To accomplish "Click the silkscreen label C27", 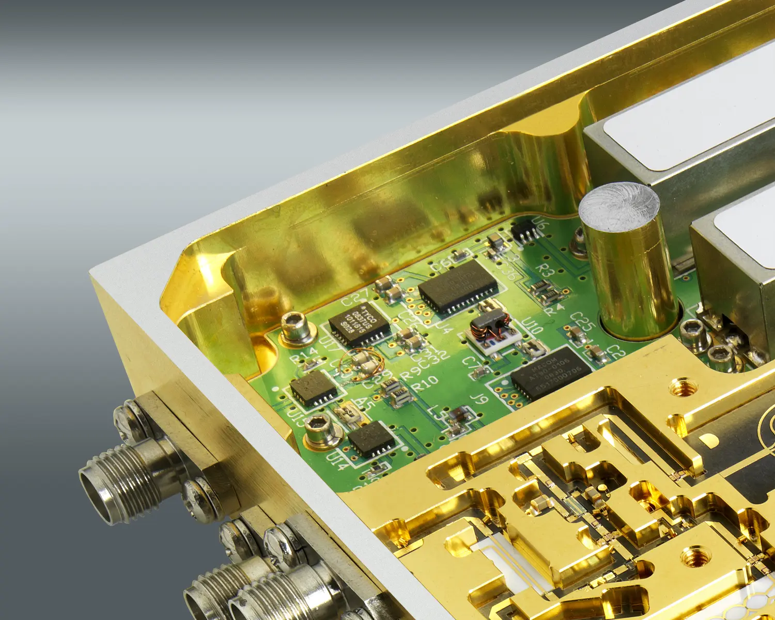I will (x=355, y=298).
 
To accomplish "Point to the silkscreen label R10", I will (x=425, y=384).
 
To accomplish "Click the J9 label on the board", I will (x=479, y=398).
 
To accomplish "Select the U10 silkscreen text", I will (x=532, y=327).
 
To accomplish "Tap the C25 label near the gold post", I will (x=583, y=321).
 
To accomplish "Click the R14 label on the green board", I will (x=303, y=355).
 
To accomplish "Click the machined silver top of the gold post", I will (x=619, y=208).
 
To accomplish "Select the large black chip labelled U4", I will (x=458, y=287).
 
